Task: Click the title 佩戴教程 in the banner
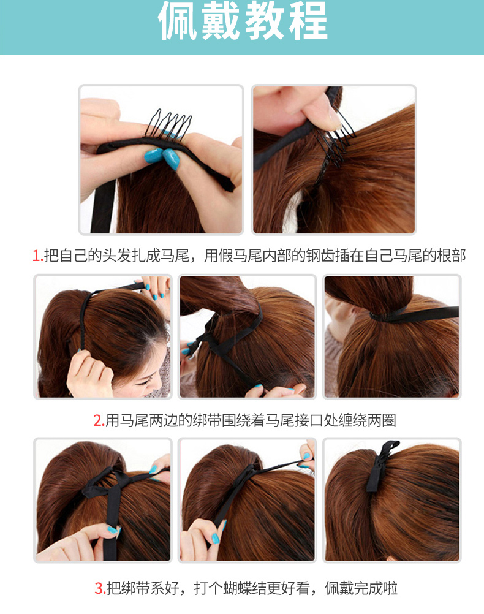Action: [243, 20]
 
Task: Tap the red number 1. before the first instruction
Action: [37, 256]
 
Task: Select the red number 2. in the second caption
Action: [99, 420]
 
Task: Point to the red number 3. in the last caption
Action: [100, 588]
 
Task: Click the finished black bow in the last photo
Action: [379, 466]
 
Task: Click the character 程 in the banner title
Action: [308, 20]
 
